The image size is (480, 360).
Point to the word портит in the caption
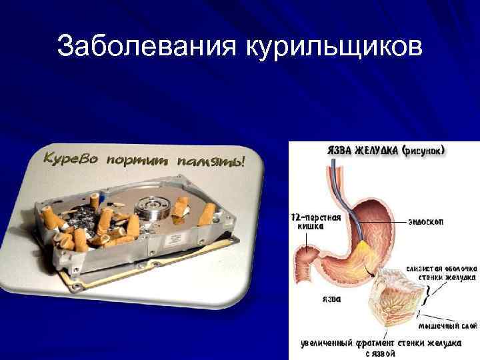click(143, 161)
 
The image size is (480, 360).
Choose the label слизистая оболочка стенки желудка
click(441, 273)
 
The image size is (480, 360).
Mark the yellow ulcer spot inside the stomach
click(363, 251)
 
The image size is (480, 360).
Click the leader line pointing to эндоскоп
click(393, 221)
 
